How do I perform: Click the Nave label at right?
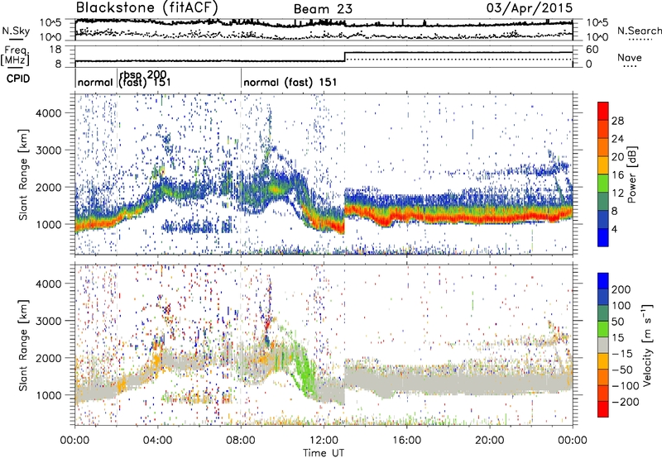633,58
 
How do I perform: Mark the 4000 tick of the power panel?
56,112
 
